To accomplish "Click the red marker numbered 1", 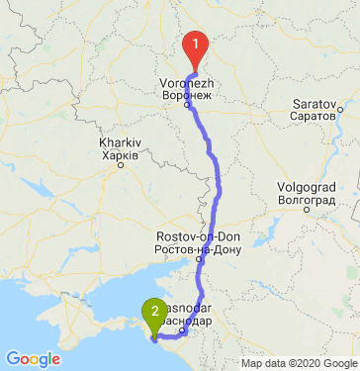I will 196,46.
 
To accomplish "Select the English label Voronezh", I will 186,82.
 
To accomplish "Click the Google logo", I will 34,359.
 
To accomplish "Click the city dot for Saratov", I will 338,107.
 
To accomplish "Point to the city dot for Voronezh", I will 186,105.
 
